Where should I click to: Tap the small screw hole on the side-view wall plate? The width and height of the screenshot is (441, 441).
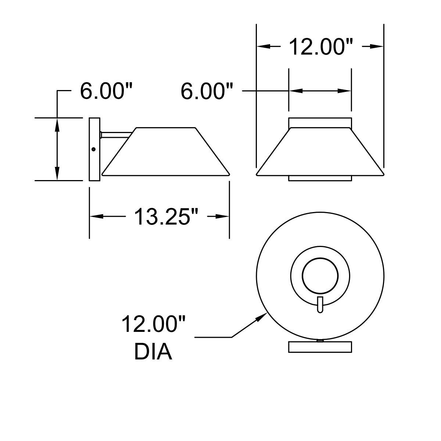tap(93, 149)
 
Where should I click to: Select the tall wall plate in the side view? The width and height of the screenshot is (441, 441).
tap(94, 149)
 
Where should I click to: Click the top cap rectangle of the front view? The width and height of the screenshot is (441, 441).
tap(320, 122)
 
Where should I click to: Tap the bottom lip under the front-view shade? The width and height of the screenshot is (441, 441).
tap(320, 178)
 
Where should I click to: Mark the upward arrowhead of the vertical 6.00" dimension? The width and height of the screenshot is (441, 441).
tap(57, 124)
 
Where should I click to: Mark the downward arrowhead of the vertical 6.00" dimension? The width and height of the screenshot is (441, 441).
tap(57, 175)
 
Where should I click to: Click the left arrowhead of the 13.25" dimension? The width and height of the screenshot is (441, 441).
tap(96, 217)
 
